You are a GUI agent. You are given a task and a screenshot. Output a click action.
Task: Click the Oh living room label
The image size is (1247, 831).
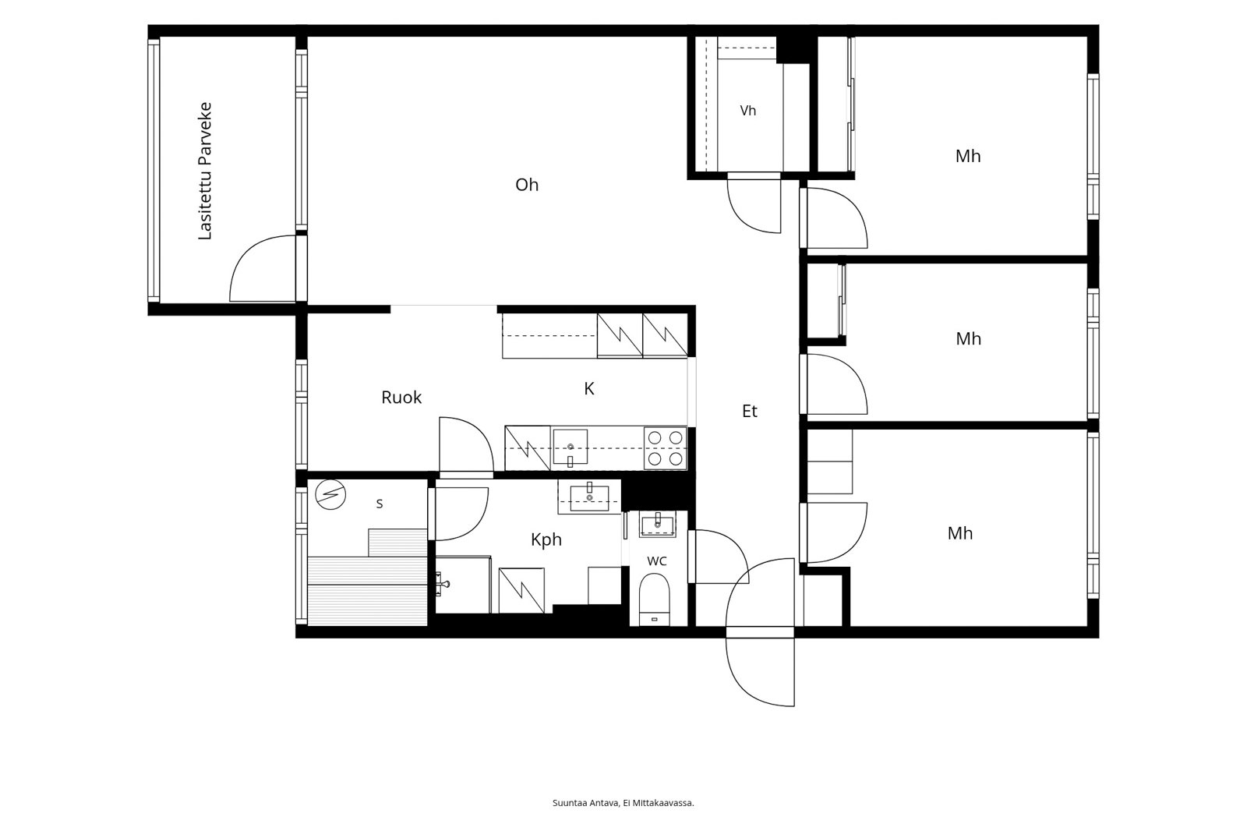pyautogui.click(x=527, y=184)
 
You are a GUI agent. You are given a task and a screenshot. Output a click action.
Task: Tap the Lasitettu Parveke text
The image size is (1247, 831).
pyautogui.click(x=205, y=171)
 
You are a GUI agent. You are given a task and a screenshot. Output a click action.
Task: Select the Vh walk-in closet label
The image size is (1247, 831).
pyautogui.click(x=748, y=111)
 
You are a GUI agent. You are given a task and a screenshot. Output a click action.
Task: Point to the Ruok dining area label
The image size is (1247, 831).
pyautogui.click(x=401, y=397)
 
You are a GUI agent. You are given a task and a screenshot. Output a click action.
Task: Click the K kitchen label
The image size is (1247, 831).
pyautogui.click(x=589, y=389)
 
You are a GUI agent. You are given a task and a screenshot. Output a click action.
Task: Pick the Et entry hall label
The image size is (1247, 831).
pyautogui.click(x=750, y=411)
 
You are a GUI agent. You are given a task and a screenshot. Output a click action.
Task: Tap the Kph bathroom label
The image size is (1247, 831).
pyautogui.click(x=546, y=539)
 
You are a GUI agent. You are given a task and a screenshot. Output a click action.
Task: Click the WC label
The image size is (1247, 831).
pyautogui.click(x=657, y=560)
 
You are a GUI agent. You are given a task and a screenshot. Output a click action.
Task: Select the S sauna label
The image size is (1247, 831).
pyautogui.click(x=380, y=504)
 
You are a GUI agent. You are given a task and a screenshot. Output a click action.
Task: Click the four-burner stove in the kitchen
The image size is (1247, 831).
pyautogui.click(x=666, y=448)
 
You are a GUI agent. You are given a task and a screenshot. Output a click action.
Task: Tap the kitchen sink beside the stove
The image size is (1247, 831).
pyautogui.click(x=570, y=447)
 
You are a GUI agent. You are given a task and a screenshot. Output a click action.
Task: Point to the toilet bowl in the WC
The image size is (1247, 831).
pyautogui.click(x=654, y=599)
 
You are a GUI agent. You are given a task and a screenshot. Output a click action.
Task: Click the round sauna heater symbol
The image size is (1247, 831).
pyautogui.click(x=330, y=494)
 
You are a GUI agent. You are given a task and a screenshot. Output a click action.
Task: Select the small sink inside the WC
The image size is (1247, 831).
pyautogui.click(x=658, y=525)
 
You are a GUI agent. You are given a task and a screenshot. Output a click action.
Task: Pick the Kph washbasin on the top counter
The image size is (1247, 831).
pyautogui.click(x=589, y=497)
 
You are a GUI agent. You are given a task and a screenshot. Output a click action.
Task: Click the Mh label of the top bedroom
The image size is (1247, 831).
pyautogui.click(x=968, y=156)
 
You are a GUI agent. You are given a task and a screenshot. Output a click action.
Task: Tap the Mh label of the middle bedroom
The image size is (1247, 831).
pyautogui.click(x=969, y=338)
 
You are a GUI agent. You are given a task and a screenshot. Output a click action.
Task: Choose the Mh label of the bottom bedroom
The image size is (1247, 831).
pyautogui.click(x=960, y=533)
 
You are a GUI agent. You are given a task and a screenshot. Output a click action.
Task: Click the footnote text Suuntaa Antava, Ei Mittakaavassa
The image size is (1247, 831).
pyautogui.click(x=623, y=803)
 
